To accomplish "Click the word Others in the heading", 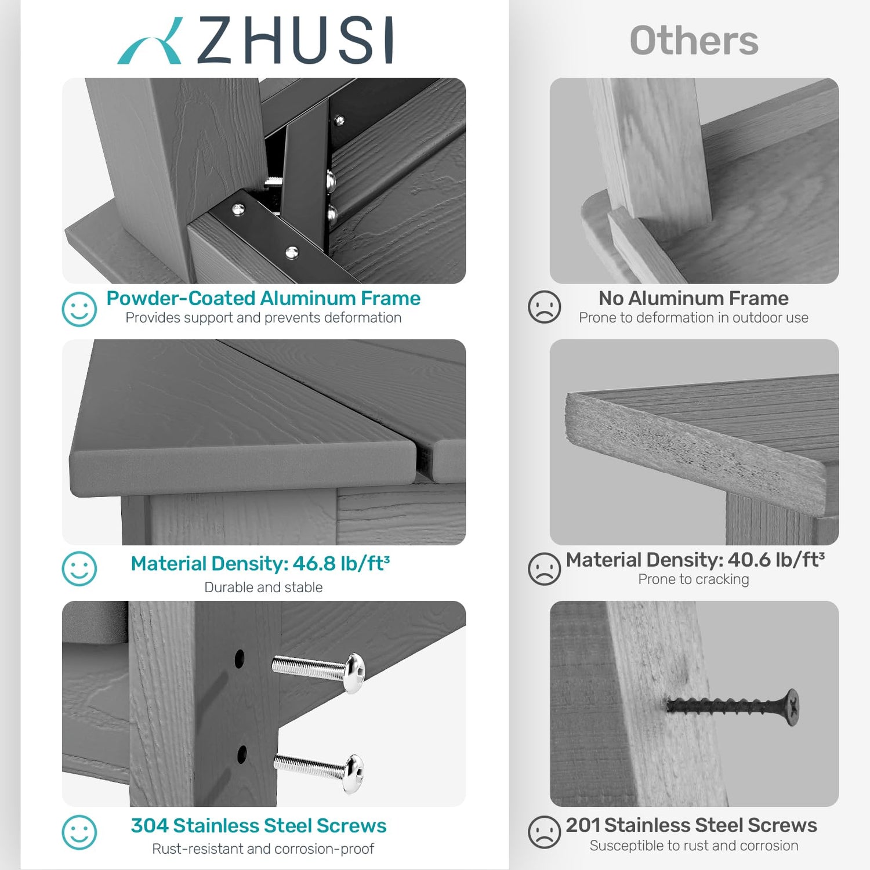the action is pyautogui.click(x=694, y=41).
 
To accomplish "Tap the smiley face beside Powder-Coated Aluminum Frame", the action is pyautogui.click(x=79, y=309).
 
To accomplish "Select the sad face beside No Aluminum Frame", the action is pyautogui.click(x=544, y=307).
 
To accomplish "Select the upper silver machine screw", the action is pyautogui.click(x=320, y=672).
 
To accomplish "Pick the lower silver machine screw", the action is pyautogui.click(x=320, y=772).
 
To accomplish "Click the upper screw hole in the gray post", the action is pyautogui.click(x=239, y=658).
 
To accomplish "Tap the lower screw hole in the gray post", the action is pyautogui.click(x=242, y=755).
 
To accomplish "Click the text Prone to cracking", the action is pyautogui.click(x=694, y=579).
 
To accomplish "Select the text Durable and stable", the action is pyautogui.click(x=263, y=587).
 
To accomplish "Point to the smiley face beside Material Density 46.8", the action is pyautogui.click(x=79, y=568).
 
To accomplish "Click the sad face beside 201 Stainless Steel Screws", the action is pyautogui.click(x=544, y=832).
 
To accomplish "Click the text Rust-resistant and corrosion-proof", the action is pyautogui.click(x=263, y=849).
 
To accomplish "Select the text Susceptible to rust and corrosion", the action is pyautogui.click(x=694, y=846).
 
